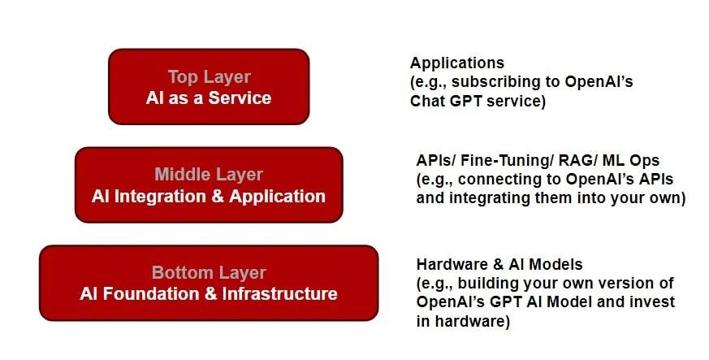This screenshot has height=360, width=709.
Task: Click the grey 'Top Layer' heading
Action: point(209,77)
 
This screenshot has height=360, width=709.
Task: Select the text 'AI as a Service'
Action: point(209,98)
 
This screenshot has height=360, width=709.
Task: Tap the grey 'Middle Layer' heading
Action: point(209,175)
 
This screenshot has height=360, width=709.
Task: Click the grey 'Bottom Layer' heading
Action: point(209,273)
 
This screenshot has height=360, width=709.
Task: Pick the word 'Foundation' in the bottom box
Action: point(152,294)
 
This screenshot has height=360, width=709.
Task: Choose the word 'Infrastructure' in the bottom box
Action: point(279,294)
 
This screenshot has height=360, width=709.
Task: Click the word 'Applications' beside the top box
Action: point(456,63)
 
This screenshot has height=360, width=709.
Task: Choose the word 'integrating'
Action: point(494,198)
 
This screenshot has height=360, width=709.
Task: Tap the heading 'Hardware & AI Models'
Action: point(499,264)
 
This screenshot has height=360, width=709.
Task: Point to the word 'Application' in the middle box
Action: point(277,197)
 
